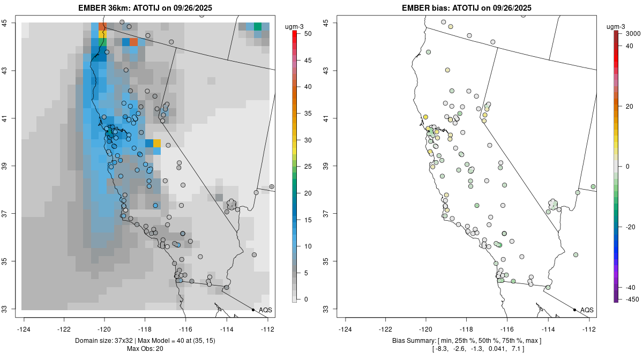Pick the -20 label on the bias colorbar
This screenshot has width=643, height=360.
coord(631,227)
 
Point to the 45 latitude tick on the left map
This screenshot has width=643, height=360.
coord(12,23)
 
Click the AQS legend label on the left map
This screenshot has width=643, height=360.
coord(265,310)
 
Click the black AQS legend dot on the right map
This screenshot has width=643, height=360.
coord(574,310)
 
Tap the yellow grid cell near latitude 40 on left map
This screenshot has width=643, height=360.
coord(157,143)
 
